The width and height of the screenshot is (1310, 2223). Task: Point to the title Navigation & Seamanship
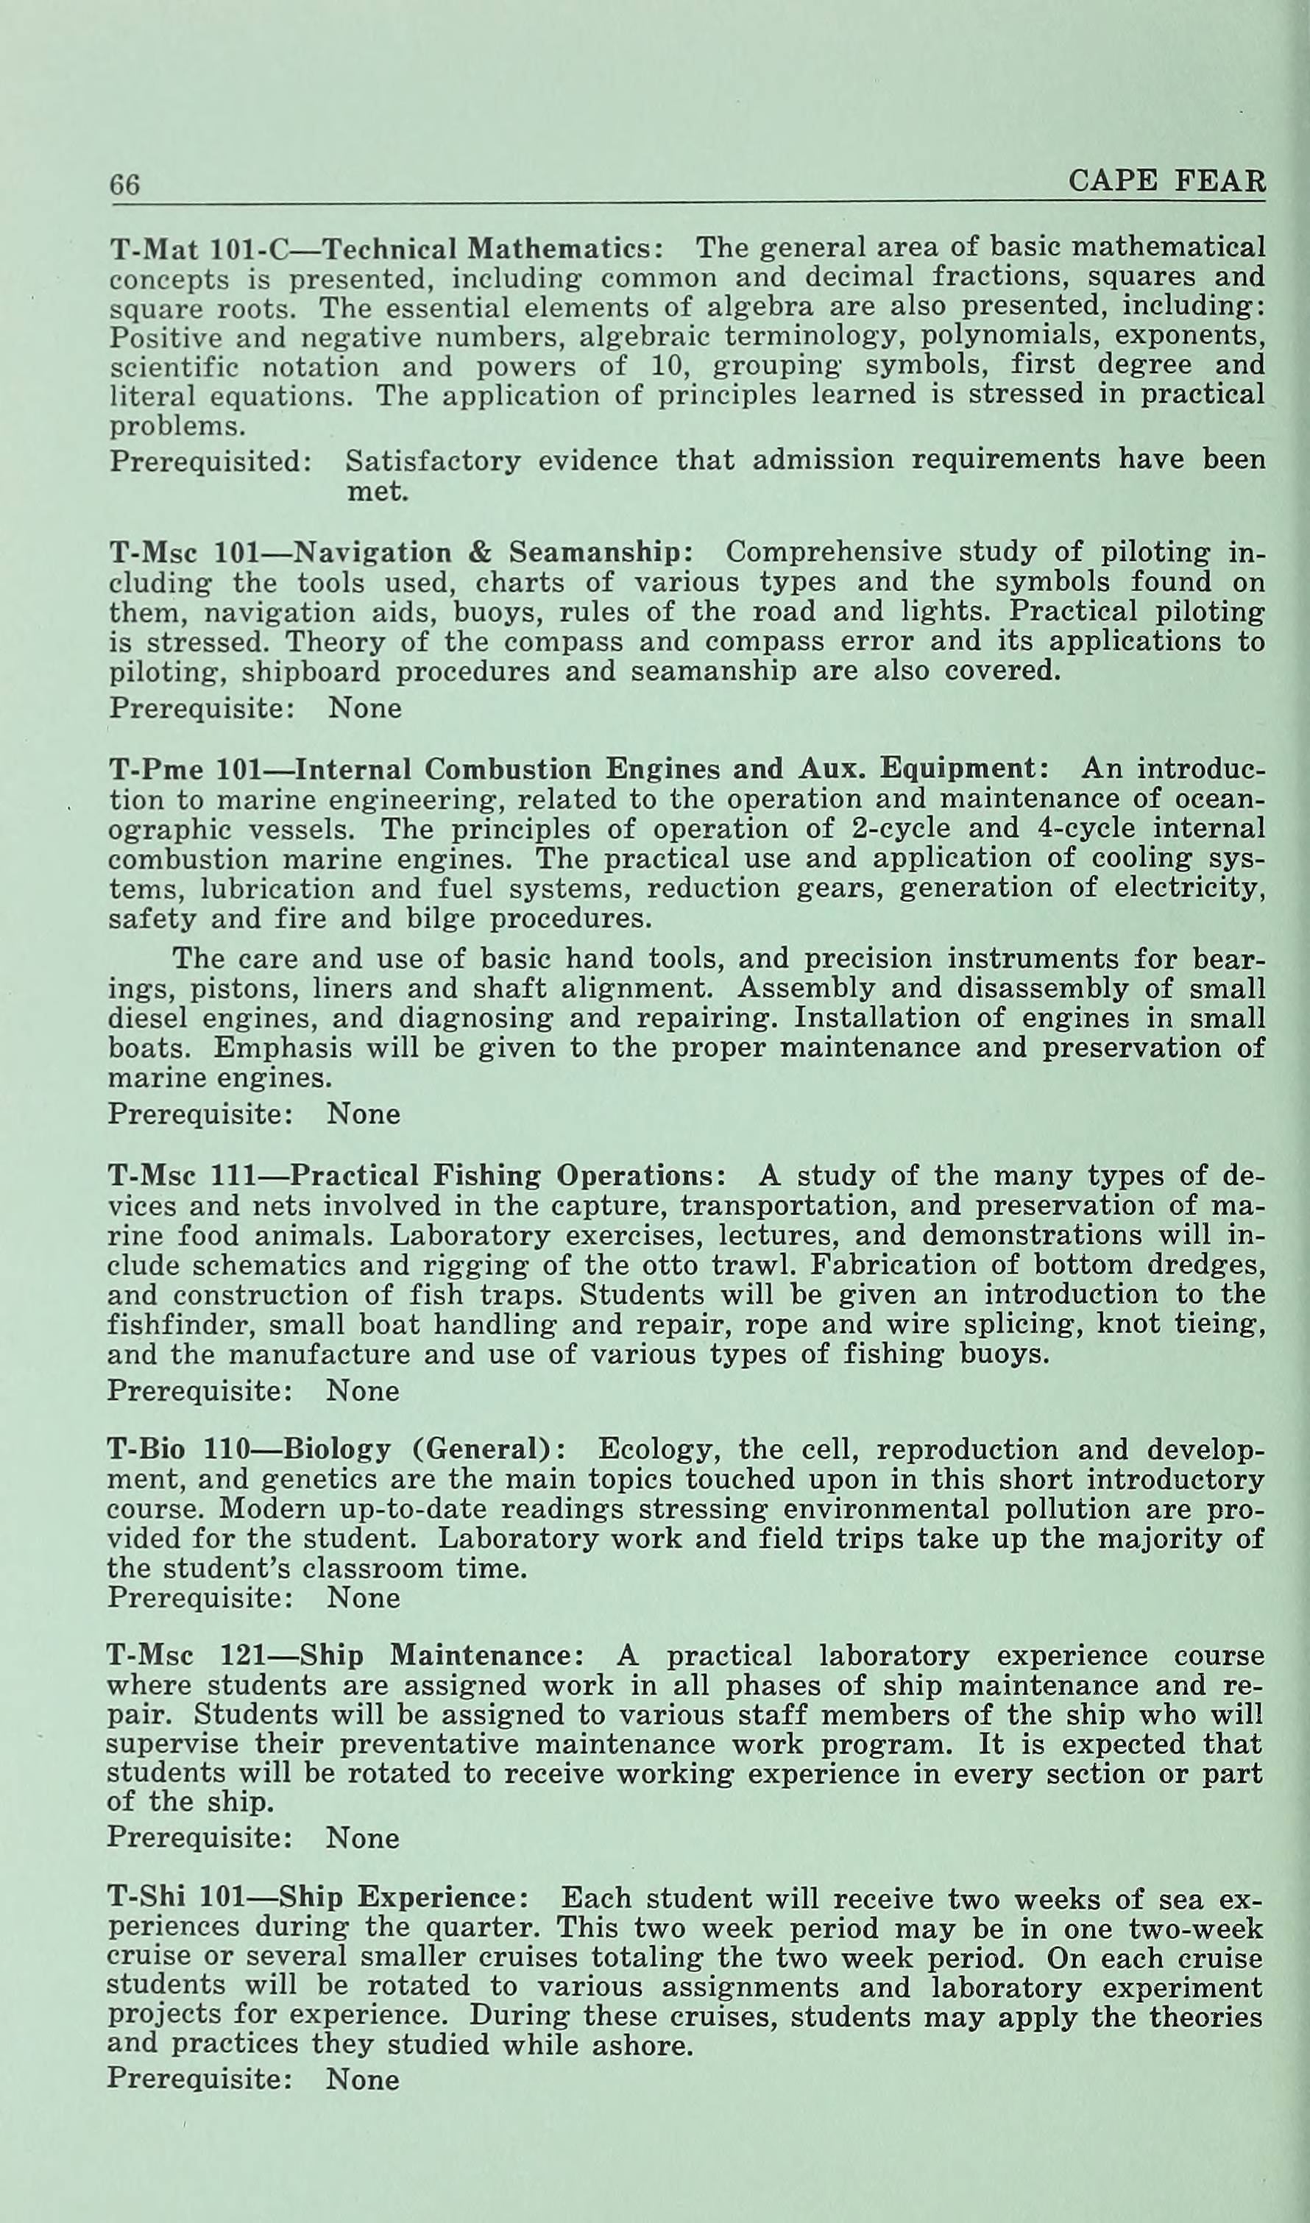tap(492, 553)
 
